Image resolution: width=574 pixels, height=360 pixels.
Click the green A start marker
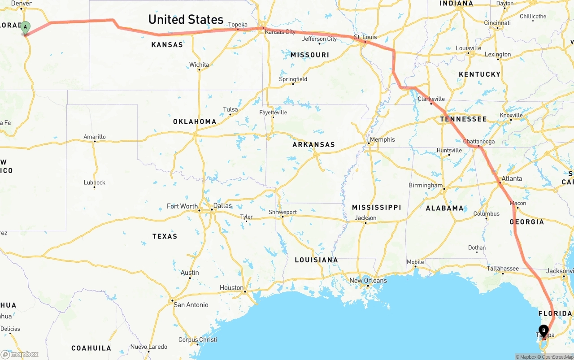point(26,27)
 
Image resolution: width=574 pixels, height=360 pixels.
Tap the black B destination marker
point(544,331)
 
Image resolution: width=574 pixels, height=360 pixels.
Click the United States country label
point(186,19)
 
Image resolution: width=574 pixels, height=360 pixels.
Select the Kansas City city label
point(280,32)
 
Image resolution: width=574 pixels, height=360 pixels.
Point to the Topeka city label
point(238,24)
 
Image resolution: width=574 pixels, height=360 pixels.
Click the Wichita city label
point(199,65)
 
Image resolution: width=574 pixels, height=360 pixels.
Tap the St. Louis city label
point(365,37)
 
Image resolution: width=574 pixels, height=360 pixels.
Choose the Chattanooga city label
point(479,141)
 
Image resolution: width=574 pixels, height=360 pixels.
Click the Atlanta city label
point(512,178)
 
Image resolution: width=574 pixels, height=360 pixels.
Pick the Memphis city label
point(382,139)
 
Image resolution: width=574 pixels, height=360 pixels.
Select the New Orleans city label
point(368,281)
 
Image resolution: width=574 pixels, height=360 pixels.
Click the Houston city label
point(232,288)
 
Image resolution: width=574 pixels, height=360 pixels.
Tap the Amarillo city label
point(95,137)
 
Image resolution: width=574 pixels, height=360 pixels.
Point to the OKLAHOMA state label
point(195,121)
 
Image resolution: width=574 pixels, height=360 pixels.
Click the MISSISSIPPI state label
point(376,207)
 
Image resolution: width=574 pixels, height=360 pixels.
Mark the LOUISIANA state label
point(316,260)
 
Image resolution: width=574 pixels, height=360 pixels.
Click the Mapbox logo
point(20,355)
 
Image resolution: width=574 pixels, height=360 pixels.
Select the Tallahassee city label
point(503,269)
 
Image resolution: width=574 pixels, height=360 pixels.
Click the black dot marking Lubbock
point(94,187)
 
